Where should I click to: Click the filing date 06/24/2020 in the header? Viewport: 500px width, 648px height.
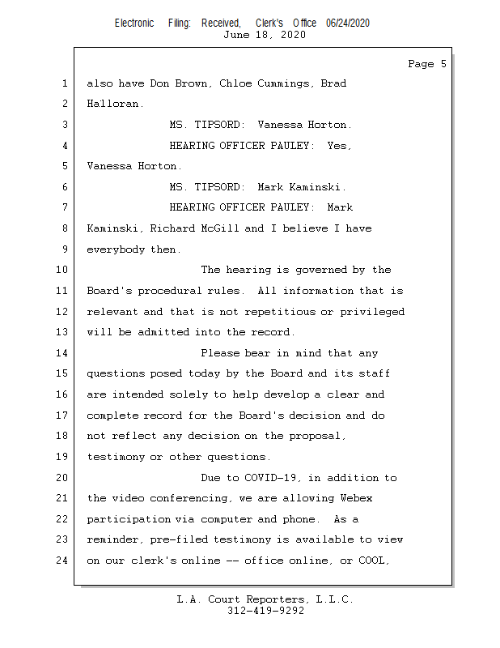pos(348,23)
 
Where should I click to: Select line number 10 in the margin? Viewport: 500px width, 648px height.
pos(64,270)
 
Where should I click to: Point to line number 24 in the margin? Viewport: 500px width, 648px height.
pos(64,560)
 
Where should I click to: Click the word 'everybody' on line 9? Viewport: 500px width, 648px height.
pos(116,249)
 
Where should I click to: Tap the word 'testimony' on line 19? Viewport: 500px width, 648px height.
pos(116,457)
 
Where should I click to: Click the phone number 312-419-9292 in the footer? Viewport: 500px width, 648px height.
pos(265,612)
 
